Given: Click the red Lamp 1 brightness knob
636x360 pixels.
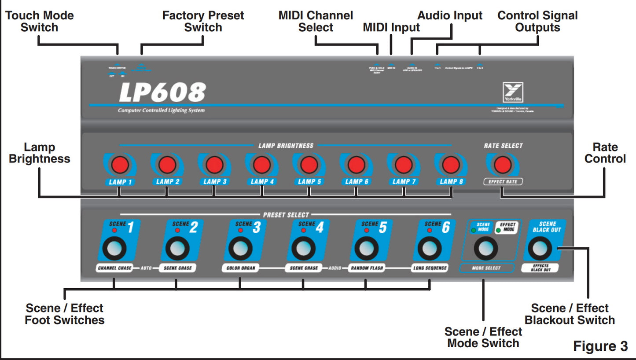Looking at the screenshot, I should [120, 165].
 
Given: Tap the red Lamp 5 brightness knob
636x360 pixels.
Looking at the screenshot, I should [309, 165].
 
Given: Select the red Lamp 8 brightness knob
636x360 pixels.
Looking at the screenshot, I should [451, 165].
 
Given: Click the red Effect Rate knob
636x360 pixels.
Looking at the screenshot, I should [503, 165].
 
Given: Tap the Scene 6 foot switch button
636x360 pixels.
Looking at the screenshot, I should [429, 249].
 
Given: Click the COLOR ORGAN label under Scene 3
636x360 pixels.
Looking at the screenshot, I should [240, 268].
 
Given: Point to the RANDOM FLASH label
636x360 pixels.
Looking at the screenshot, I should [366, 268].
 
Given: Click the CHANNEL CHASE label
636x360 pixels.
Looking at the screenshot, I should [114, 268].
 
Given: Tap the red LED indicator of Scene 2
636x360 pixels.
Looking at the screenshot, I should [177, 231].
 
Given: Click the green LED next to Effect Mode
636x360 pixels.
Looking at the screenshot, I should [498, 230].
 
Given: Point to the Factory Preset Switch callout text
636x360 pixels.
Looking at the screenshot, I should [203, 22].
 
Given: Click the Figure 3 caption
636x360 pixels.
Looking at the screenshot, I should [600, 346].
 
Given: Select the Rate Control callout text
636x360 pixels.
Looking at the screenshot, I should [605, 153].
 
